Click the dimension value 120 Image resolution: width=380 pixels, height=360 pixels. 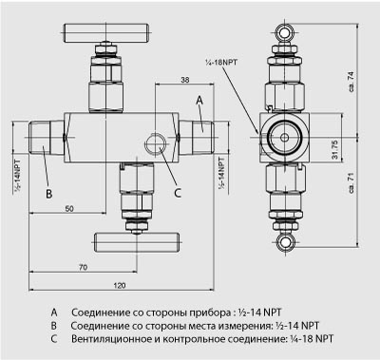click(x=120, y=285)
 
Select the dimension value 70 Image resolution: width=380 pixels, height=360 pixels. click(x=83, y=268)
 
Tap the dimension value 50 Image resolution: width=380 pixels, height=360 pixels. click(x=69, y=209)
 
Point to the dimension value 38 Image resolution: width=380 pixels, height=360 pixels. click(x=184, y=80)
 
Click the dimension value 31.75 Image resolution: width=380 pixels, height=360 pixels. click(x=335, y=149)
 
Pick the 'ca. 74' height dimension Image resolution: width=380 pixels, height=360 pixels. click(x=351, y=82)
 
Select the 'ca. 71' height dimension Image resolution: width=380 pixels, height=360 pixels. click(x=351, y=182)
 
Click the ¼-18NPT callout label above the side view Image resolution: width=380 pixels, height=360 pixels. click(x=221, y=63)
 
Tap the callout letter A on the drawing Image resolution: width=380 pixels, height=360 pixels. click(x=199, y=101)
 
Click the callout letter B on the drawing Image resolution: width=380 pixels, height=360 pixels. click(x=48, y=194)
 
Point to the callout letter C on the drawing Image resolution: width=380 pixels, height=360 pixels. click(x=178, y=193)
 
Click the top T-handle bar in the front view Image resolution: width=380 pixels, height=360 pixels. click(x=106, y=33)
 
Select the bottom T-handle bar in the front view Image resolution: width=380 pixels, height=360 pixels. click(x=137, y=241)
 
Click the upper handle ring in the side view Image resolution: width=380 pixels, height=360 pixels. click(x=285, y=32)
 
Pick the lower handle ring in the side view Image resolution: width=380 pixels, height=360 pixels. click(x=285, y=242)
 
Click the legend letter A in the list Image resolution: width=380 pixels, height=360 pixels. click(x=54, y=313)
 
